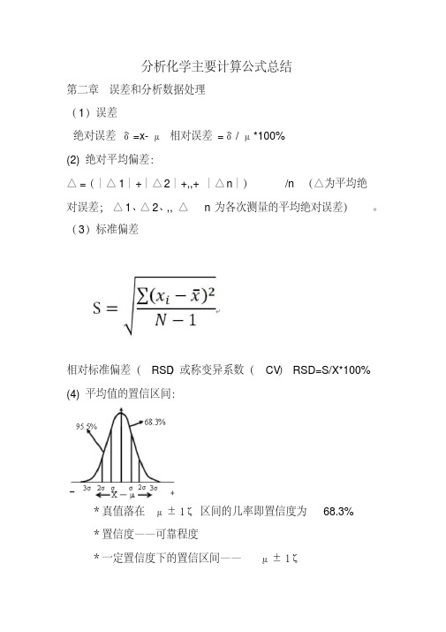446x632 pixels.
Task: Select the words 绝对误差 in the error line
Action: pyautogui.click(x=95, y=135)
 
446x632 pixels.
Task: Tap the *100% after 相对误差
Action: pyautogui.click(x=268, y=135)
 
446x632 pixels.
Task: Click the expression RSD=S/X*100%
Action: pyautogui.click(x=331, y=369)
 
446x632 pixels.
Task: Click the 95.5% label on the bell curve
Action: pyautogui.click(x=86, y=426)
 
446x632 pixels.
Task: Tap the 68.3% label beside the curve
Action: pyautogui.click(x=155, y=422)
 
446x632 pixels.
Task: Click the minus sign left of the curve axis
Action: pyautogui.click(x=71, y=491)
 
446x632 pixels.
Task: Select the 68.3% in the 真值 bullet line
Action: pyautogui.click(x=338, y=511)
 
